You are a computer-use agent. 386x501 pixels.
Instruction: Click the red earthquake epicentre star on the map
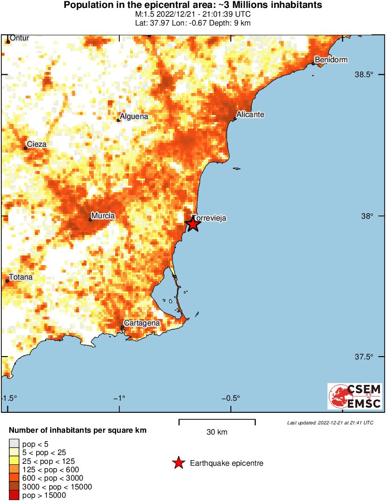(x=193, y=224)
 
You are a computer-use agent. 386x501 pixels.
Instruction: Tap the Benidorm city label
(x=331, y=60)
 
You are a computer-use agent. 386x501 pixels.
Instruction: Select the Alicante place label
(x=250, y=114)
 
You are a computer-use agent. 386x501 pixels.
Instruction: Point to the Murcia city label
(x=103, y=215)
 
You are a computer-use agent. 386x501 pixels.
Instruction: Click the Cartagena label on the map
(x=142, y=323)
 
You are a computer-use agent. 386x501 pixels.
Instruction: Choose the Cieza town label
(x=37, y=144)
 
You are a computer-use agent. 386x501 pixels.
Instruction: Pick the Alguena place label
(x=134, y=117)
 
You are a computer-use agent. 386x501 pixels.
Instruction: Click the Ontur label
(x=20, y=38)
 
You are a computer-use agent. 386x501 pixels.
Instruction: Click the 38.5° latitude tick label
(x=364, y=75)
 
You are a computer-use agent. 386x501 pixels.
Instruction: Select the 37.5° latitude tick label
(x=364, y=357)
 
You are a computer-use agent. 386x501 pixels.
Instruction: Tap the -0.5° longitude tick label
(x=231, y=398)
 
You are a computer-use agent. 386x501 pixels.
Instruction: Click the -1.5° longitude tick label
(x=9, y=398)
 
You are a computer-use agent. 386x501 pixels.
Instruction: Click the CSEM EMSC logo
(x=354, y=396)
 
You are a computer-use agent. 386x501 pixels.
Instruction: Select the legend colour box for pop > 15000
(x=13, y=495)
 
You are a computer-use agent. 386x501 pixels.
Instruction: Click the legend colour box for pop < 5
(x=13, y=444)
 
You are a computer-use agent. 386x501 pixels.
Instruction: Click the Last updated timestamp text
(x=330, y=423)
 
